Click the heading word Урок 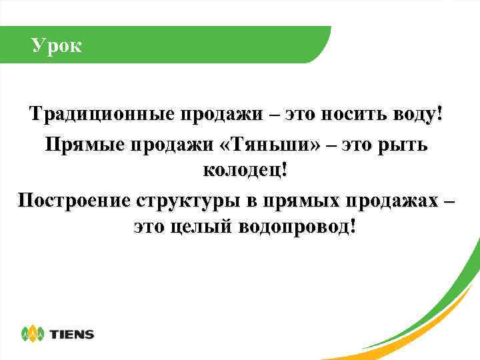(x=57, y=47)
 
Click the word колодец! (x=247, y=170)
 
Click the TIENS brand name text (x=73, y=334)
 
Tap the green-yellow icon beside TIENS (x=33, y=333)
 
